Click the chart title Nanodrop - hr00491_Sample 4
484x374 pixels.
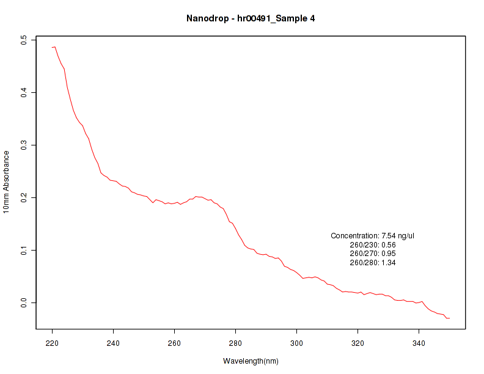[251, 18]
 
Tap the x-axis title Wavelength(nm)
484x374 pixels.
[251, 361]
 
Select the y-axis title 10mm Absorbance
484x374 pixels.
[7, 182]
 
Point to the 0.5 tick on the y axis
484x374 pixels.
[24, 40]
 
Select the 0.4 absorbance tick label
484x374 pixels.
[24, 92]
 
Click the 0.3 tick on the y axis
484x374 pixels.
[24, 145]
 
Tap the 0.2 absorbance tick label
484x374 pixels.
[24, 197]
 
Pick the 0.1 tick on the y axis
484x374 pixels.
[24, 250]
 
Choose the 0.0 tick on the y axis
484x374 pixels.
[24, 302]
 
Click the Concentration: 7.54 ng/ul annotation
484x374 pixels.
[373, 235]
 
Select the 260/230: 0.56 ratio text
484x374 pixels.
[373, 244]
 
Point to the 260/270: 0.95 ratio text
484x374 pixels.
[373, 254]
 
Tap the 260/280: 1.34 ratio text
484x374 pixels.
[373, 263]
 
